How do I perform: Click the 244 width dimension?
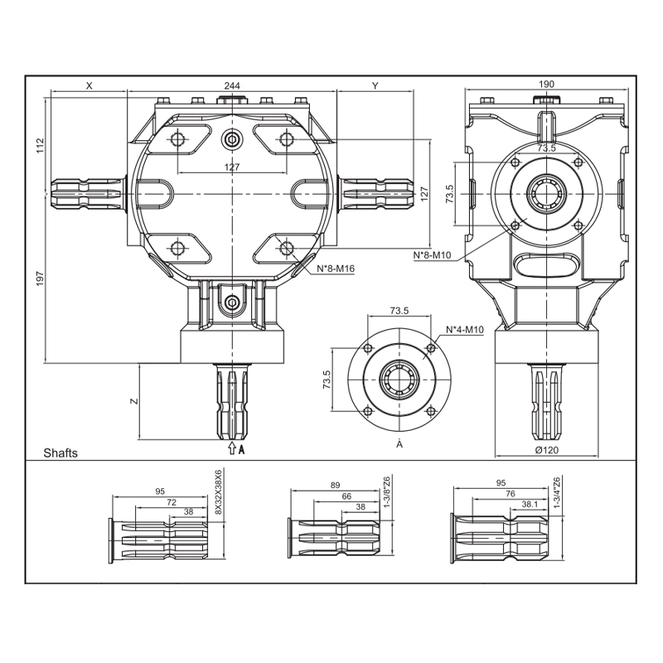click(232, 85)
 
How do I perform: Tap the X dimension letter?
click(89, 85)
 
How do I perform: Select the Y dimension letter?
click(375, 85)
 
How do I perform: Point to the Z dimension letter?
click(134, 401)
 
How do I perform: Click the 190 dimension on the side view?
click(546, 84)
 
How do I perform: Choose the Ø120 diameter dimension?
click(547, 449)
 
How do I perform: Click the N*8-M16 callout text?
click(336, 268)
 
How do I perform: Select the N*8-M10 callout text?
click(432, 255)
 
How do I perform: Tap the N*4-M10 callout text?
click(465, 329)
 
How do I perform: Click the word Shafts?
click(60, 452)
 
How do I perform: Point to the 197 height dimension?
click(40, 278)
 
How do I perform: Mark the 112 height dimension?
click(40, 146)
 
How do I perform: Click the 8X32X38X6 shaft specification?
click(218, 491)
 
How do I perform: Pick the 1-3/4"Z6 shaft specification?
click(556, 491)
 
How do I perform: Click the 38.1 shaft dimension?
click(530, 504)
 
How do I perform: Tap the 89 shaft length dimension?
click(335, 485)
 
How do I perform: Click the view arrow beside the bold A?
click(231, 448)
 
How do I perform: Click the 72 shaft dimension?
click(172, 502)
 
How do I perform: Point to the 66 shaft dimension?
click(346, 496)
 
